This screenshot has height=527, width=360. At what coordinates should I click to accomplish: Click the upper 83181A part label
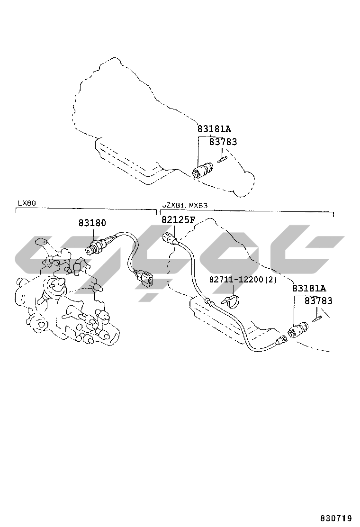point(214,129)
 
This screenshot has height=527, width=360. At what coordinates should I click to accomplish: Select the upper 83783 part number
point(223,142)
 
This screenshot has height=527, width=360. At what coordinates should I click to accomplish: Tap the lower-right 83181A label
point(309,288)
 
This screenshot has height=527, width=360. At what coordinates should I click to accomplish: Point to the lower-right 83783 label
point(318,300)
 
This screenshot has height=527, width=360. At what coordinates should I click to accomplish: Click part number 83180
point(92,222)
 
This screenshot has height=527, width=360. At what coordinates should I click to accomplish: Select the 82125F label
point(178,219)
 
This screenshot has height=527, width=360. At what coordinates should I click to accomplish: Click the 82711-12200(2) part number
point(243,279)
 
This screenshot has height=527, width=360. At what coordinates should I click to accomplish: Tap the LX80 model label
point(27,203)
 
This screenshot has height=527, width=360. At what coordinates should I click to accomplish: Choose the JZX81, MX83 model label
point(185,205)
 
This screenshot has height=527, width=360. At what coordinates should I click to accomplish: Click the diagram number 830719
point(336,518)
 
